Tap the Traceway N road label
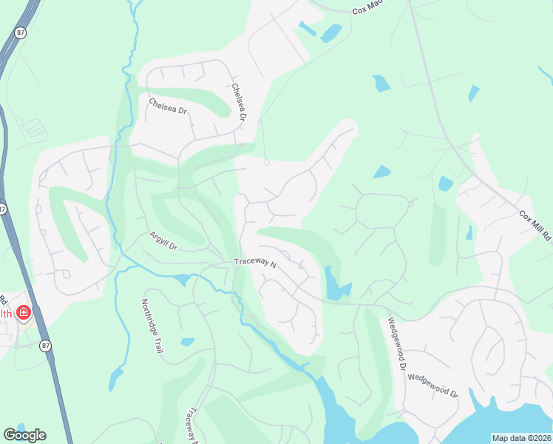coord(254,263)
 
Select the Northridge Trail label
coord(151,326)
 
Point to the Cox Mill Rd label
coord(535,226)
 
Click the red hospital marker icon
coord(24,314)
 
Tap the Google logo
coord(24,435)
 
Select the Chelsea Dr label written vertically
coord(238,101)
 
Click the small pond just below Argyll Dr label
coord(182,280)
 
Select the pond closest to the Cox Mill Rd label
coord(469,232)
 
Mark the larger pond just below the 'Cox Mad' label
coord(331,33)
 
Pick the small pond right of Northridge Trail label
coord(188,342)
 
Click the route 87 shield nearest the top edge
coord(19,32)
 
